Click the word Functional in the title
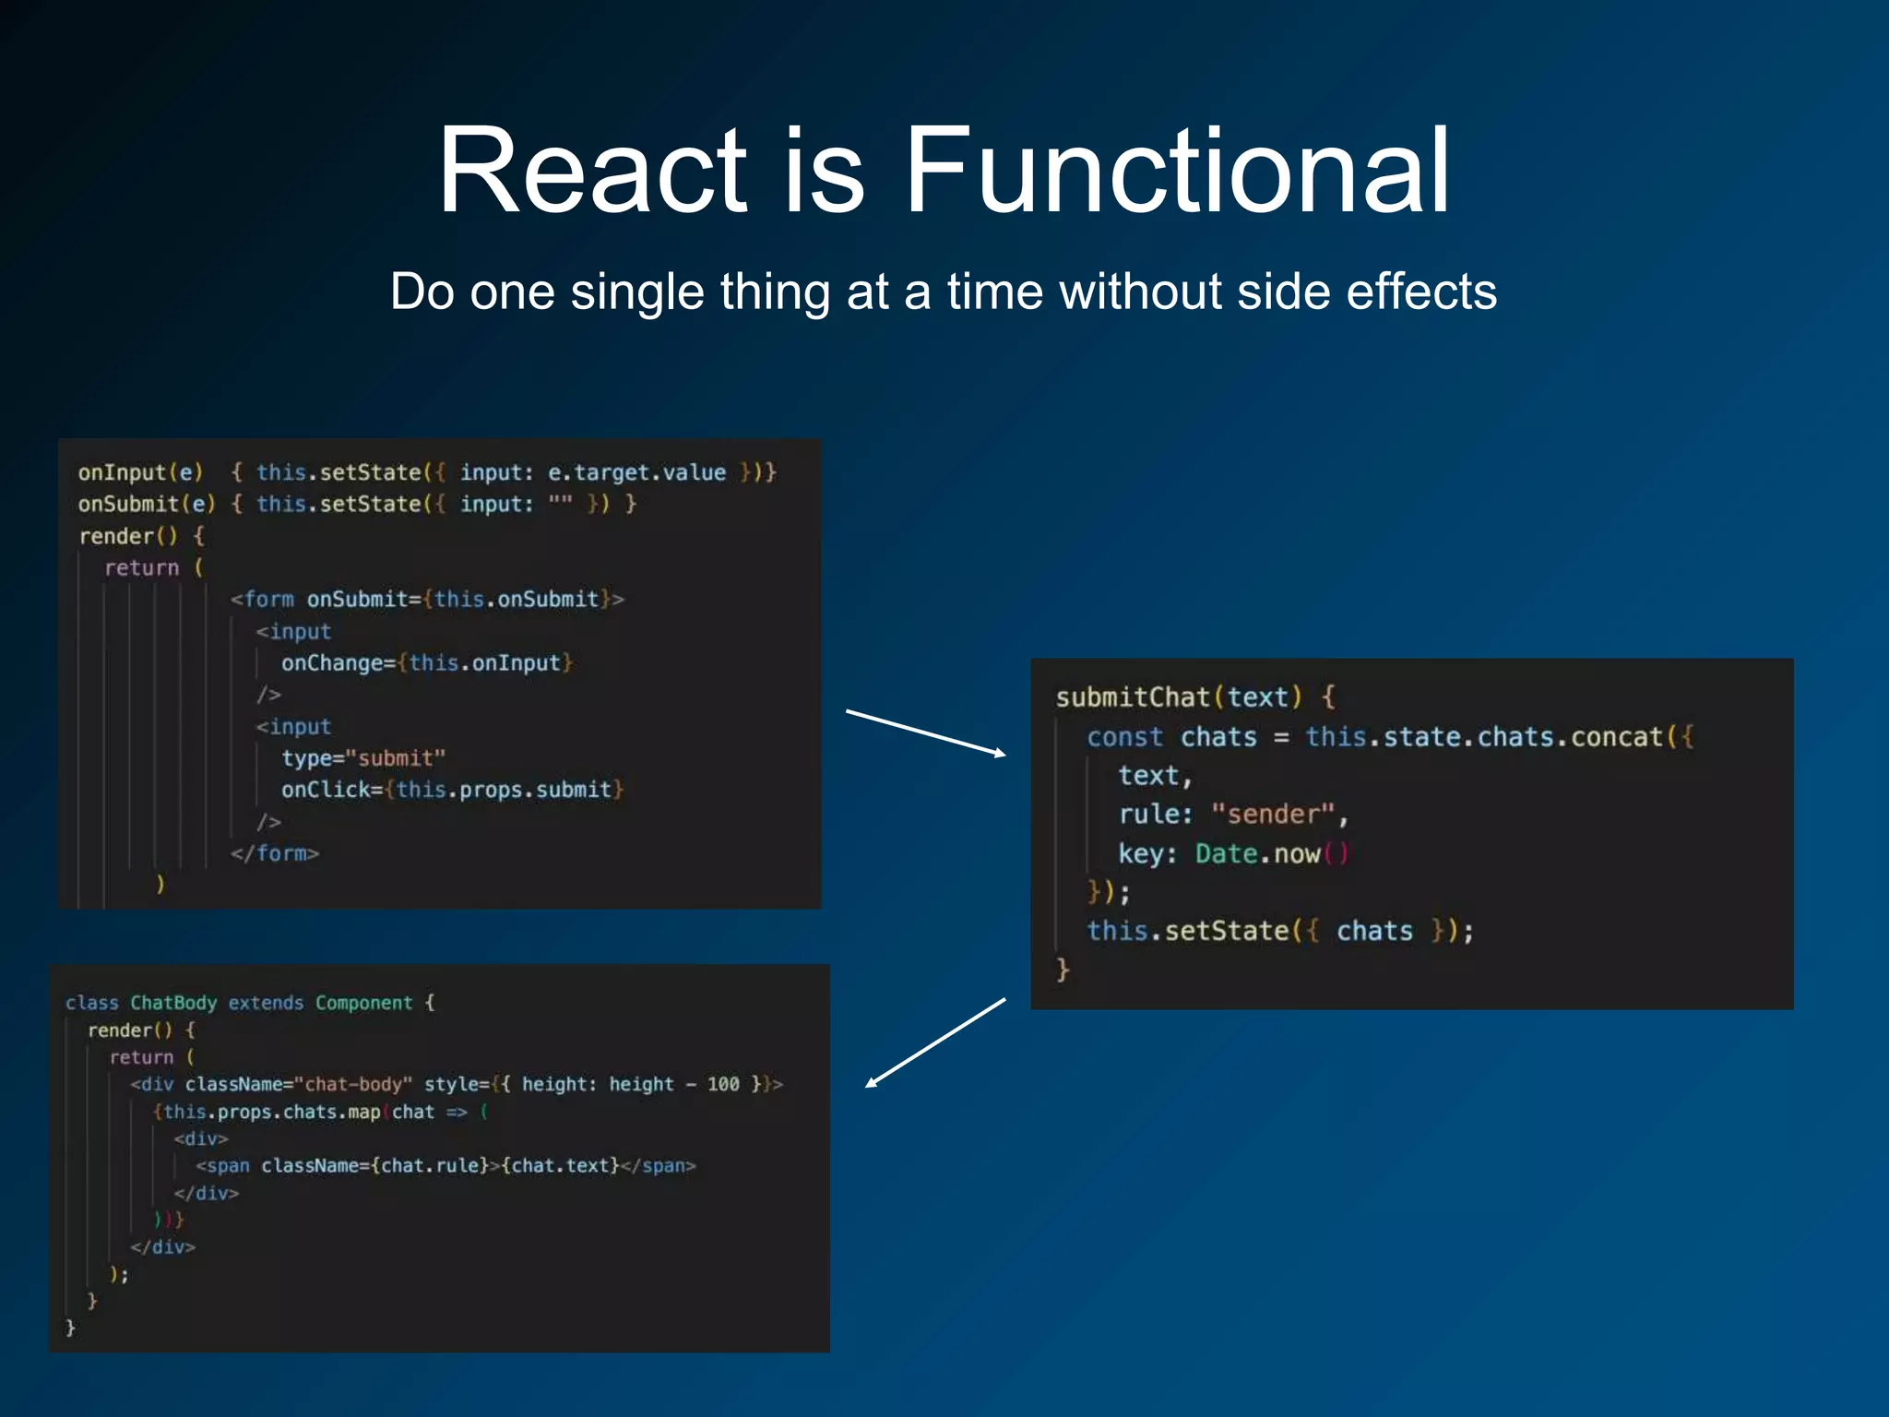tap(1177, 172)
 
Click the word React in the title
tap(590, 172)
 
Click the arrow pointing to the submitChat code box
tap(926, 732)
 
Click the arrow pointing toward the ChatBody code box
tap(935, 1042)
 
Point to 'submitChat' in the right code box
tap(1133, 697)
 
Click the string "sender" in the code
tap(1273, 815)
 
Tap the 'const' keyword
tap(1124, 737)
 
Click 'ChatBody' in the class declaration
tap(173, 1003)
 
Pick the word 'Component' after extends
tap(363, 1003)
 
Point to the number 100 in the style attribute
tap(723, 1084)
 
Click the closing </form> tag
tap(274, 853)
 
